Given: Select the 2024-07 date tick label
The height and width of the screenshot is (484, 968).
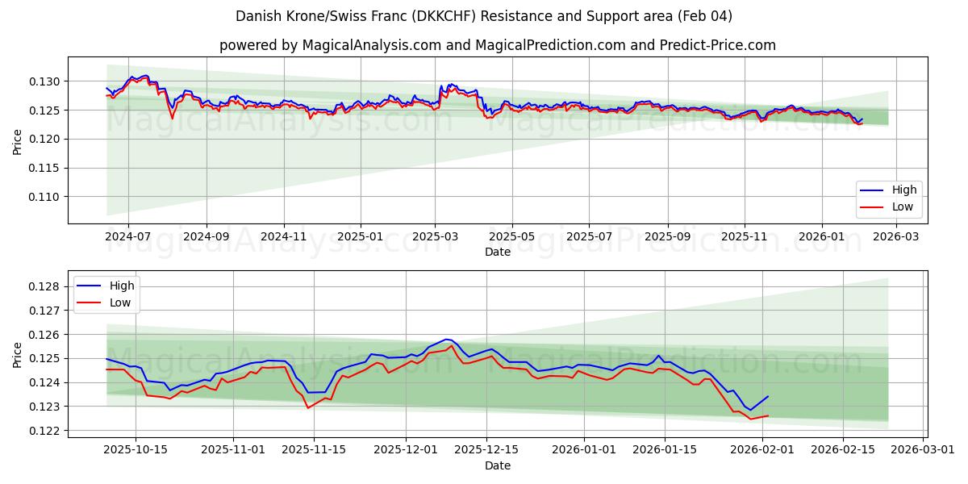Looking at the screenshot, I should point(129,237).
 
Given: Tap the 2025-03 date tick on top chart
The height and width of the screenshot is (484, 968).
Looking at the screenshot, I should point(436,237).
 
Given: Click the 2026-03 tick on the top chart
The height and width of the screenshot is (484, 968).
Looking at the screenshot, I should point(898,237).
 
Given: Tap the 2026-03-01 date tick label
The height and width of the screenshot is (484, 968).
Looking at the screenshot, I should point(922,450).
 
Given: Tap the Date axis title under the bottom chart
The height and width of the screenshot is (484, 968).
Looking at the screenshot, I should point(497,465).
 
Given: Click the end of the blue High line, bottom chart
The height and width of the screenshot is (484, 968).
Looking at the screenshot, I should point(768,396).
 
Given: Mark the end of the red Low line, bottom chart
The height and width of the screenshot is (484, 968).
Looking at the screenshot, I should point(768,415).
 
